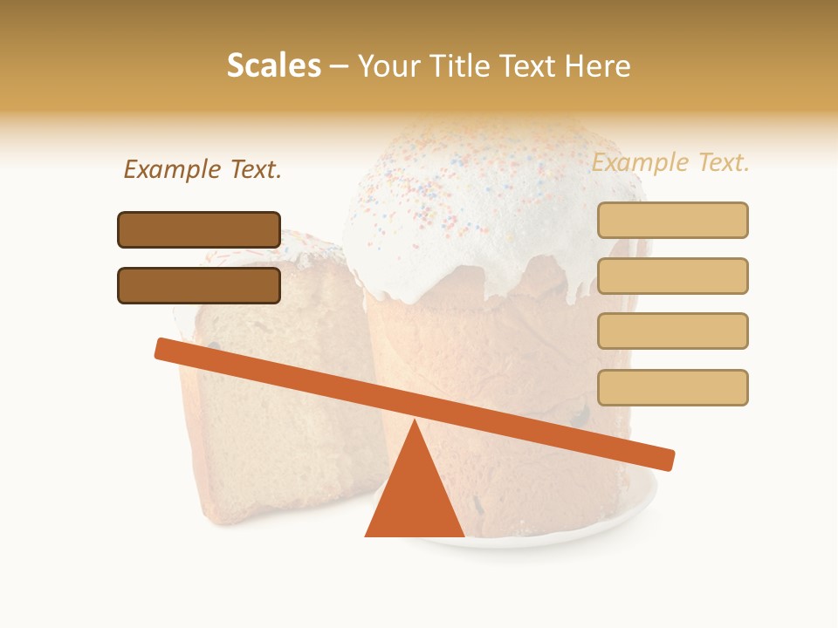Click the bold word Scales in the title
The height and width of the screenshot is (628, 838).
click(x=273, y=65)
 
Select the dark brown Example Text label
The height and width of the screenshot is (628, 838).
click(x=203, y=169)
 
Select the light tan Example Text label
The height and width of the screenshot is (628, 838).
click(x=670, y=162)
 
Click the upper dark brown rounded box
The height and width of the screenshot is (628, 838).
click(x=199, y=229)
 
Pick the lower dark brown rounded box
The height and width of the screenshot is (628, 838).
click(x=199, y=285)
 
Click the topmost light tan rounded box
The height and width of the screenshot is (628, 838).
click(x=672, y=220)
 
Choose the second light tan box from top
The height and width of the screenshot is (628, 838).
click(x=672, y=276)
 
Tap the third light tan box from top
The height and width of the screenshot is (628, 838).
click(x=672, y=331)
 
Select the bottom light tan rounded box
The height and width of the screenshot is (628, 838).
click(x=672, y=387)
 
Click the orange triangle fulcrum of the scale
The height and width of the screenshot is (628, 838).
click(x=415, y=493)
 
